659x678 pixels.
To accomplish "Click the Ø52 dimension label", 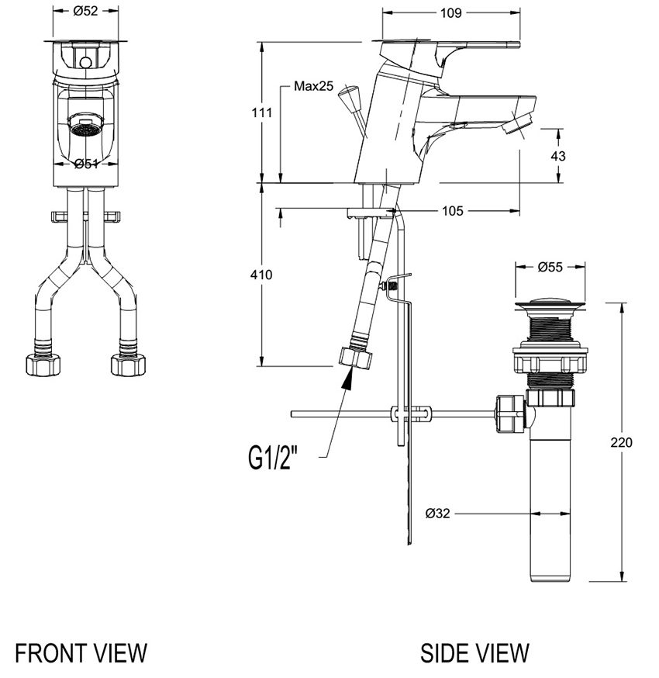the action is pyautogui.click(x=85, y=11).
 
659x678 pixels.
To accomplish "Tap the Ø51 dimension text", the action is pyautogui.click(x=86, y=164).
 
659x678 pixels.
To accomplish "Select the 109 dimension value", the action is pyautogui.click(x=450, y=13).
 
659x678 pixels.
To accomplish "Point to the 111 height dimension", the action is pyautogui.click(x=262, y=112).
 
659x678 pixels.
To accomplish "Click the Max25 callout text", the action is pyautogui.click(x=314, y=86).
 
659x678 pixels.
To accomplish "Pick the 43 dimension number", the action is pyautogui.click(x=558, y=156).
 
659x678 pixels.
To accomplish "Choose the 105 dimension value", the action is pyautogui.click(x=453, y=211).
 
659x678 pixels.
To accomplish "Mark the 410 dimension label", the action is pyautogui.click(x=261, y=275).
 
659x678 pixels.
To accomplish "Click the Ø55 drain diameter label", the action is pyautogui.click(x=550, y=267).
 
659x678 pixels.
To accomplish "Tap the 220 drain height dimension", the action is pyautogui.click(x=621, y=442).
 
